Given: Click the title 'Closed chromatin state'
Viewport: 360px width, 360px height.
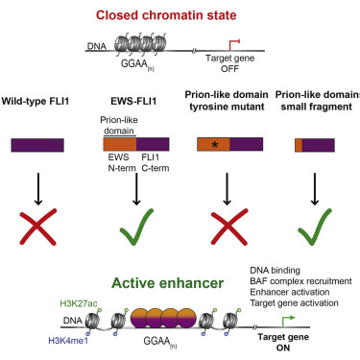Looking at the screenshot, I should click(179, 15).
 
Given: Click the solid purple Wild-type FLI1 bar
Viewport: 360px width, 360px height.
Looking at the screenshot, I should click(44, 144).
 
